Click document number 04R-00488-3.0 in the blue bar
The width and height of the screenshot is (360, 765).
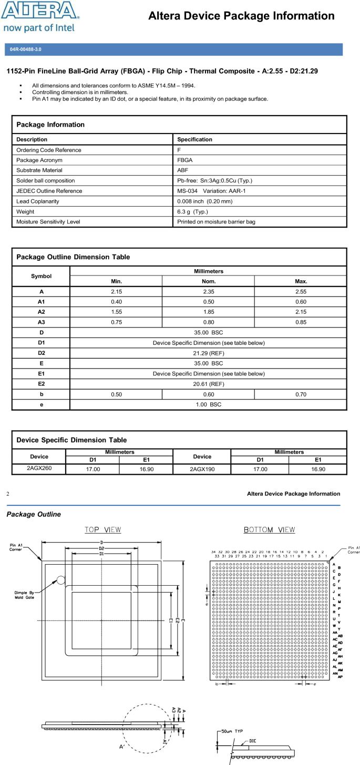pyautogui.click(x=26, y=49)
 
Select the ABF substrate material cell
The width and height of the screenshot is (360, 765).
pyautogui.click(x=182, y=170)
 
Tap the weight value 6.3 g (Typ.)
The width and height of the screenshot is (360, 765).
pyautogui.click(x=192, y=211)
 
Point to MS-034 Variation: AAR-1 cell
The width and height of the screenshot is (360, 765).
pyautogui.click(x=211, y=191)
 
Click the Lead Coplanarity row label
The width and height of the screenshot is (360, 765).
pyautogui.click(x=38, y=201)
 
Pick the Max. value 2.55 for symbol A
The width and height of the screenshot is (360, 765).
pyautogui.click(x=301, y=291)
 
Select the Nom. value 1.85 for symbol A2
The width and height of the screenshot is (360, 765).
pyautogui.click(x=208, y=312)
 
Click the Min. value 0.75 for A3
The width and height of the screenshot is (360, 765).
pyautogui.click(x=116, y=322)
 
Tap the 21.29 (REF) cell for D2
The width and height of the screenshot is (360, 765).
pyautogui.click(x=208, y=353)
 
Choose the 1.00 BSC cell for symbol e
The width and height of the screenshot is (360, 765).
pyautogui.click(x=208, y=404)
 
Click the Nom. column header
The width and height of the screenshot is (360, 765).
pyautogui.click(x=208, y=281)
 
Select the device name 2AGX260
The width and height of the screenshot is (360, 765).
pyautogui.click(x=39, y=467)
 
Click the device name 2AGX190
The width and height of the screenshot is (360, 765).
pyautogui.click(x=202, y=468)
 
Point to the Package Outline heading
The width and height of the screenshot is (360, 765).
pyautogui.click(x=34, y=514)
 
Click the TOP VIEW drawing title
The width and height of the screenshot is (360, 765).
pyautogui.click(x=103, y=529)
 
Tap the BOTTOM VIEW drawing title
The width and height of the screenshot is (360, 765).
pyautogui.click(x=269, y=529)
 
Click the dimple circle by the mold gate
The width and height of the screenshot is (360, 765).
pyautogui.click(x=61, y=580)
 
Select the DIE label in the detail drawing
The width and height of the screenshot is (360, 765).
pyautogui.click(x=253, y=740)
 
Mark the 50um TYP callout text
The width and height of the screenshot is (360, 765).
pyautogui.click(x=232, y=731)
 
